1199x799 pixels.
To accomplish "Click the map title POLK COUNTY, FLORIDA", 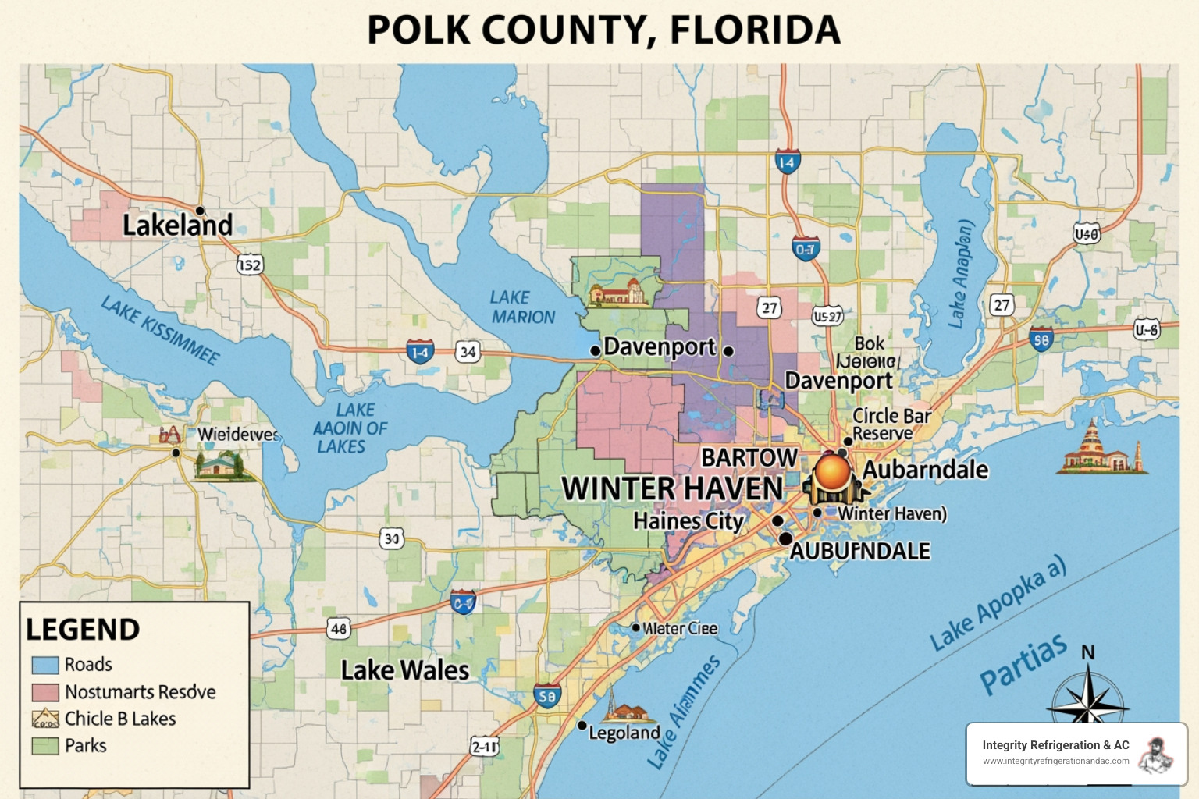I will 603,30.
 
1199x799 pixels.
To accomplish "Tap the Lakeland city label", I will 178,225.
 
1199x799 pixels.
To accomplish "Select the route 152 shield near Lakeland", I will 250,265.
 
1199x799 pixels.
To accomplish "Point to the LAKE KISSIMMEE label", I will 160,331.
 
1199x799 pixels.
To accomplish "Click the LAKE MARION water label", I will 522,307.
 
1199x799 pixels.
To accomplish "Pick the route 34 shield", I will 468,352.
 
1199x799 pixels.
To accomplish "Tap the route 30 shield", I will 392,538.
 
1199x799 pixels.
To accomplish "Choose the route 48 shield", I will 338,629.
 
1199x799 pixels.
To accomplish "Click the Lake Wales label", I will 405,670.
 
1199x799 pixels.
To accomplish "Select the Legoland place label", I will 624,733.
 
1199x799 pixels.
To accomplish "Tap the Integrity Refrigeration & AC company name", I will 1055,745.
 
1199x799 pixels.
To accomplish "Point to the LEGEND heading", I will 83,630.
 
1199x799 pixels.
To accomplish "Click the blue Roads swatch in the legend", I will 45,665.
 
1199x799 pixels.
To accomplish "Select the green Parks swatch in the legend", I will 45,746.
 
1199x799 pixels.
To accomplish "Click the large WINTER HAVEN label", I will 672,489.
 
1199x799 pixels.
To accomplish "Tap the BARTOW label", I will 749,457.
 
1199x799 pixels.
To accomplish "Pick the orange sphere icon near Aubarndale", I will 833,473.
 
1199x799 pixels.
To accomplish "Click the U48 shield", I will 1086,233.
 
